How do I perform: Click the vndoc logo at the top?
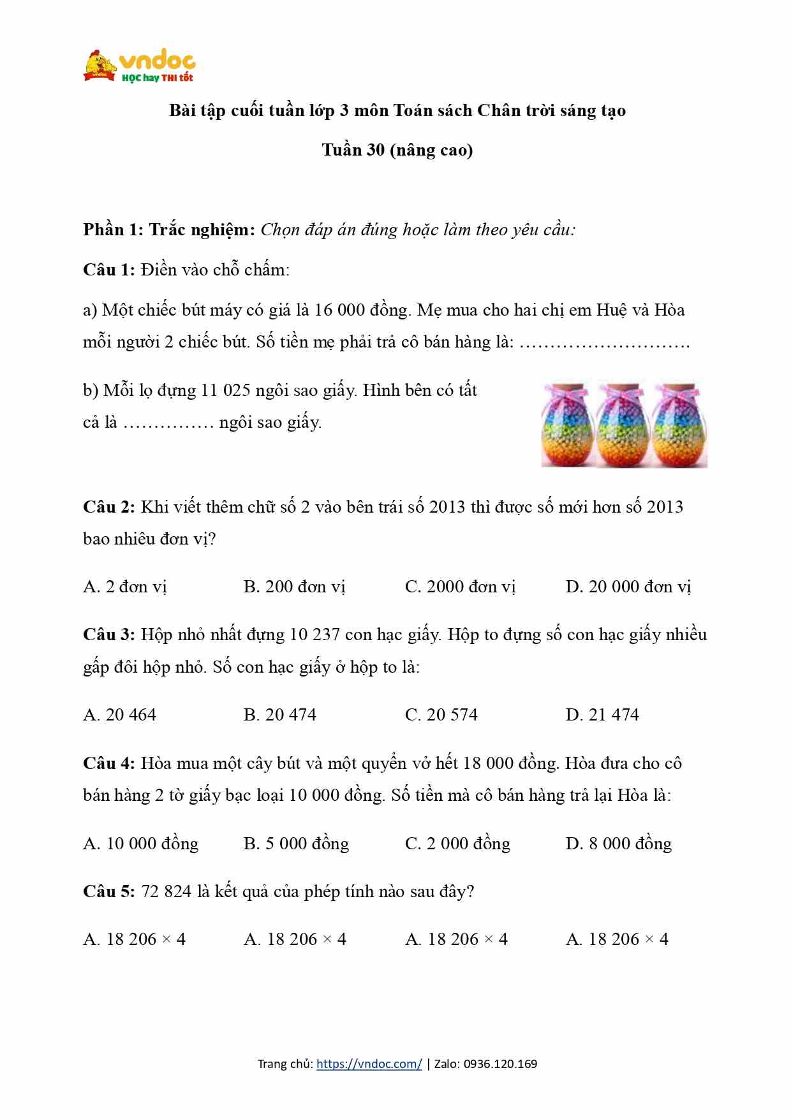click(x=139, y=66)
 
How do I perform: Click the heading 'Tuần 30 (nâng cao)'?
click(x=397, y=150)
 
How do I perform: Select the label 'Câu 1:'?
click(x=108, y=270)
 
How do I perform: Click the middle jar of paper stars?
click(x=623, y=425)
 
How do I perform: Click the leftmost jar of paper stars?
click(x=567, y=425)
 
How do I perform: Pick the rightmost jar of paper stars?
click(x=679, y=425)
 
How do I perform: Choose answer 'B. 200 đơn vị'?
click(x=294, y=587)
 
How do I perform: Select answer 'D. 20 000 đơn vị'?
click(x=628, y=587)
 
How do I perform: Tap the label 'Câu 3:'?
click(x=108, y=634)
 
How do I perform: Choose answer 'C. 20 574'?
click(x=441, y=715)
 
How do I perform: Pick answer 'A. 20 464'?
click(x=119, y=715)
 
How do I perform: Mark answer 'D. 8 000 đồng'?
click(x=618, y=844)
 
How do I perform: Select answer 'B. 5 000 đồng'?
click(x=296, y=844)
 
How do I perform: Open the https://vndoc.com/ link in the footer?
click(x=369, y=1064)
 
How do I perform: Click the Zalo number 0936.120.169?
click(x=500, y=1064)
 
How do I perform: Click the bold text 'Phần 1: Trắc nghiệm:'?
click(x=169, y=230)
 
